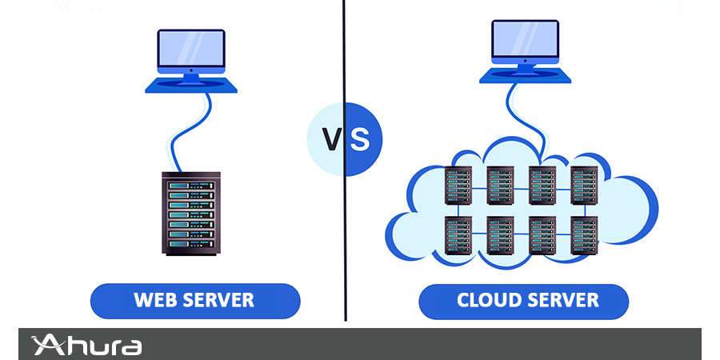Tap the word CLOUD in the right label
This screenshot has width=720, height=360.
(489, 301)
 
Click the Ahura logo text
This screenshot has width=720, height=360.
(96, 346)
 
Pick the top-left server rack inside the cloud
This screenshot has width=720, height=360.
(458, 186)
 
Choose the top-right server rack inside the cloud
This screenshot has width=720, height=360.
(583, 186)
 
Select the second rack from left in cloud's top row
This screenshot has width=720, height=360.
(499, 186)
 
